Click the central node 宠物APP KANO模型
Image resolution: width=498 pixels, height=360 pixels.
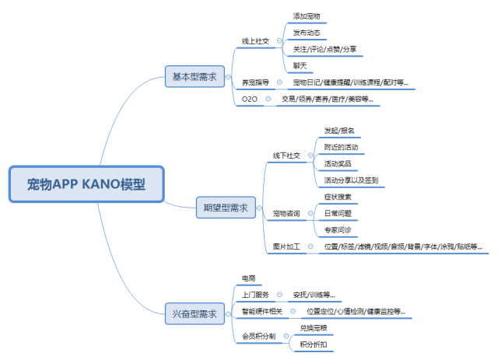pos(86,185)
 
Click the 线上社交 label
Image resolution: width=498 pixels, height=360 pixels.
pos(255,40)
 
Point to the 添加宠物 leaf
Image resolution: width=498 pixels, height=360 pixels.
pos(307,16)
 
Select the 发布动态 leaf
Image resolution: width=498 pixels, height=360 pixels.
pos(307,33)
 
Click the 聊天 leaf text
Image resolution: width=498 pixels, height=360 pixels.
pos(300,65)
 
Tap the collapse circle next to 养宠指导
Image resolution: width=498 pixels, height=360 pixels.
pos(279,82)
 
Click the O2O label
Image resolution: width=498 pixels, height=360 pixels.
pos(249,99)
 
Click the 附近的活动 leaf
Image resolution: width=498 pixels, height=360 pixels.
pos(341,147)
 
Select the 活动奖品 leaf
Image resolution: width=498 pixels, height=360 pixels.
pos(338,164)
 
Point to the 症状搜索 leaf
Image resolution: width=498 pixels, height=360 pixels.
pos(338,197)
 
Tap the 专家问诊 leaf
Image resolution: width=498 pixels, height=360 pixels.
pos(338,230)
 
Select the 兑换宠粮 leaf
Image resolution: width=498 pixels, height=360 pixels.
pos(314,329)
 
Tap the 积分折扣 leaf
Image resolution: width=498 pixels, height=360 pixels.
pos(314,344)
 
